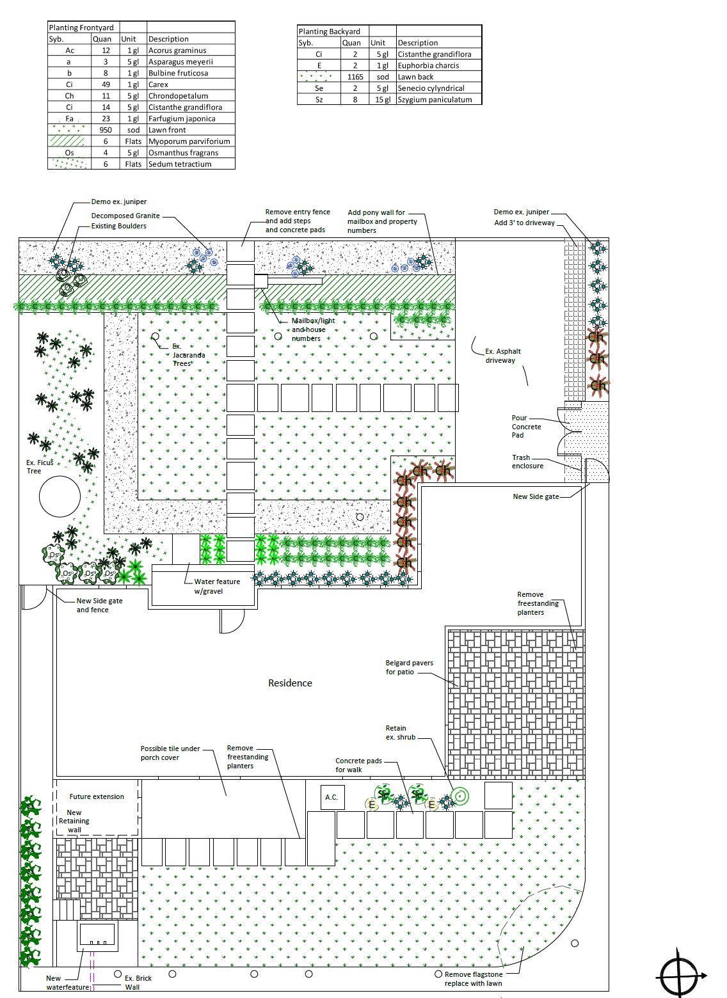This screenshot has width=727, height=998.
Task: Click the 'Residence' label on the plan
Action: click(290, 683)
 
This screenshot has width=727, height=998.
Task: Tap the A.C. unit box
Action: click(332, 797)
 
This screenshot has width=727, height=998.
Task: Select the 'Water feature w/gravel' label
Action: click(217, 586)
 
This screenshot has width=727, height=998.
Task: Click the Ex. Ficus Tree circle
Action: click(60, 496)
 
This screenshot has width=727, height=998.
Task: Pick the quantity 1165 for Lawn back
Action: click(355, 77)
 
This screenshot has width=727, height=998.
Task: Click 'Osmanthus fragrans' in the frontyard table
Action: click(183, 153)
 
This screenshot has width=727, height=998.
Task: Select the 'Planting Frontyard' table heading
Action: click(81, 28)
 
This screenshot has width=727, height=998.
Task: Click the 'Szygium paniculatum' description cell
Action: click(435, 100)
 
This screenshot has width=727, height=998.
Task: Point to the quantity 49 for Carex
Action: click(106, 84)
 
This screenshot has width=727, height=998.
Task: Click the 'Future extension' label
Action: click(97, 796)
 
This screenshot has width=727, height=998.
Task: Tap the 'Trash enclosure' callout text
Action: click(527, 462)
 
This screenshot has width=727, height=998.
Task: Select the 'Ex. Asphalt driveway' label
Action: click(502, 356)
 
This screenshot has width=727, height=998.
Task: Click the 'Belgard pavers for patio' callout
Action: click(409, 667)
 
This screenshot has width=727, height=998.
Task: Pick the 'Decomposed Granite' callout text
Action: click(125, 216)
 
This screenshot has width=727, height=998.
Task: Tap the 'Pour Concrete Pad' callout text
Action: click(526, 427)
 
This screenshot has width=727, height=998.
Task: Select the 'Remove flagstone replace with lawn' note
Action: click(474, 979)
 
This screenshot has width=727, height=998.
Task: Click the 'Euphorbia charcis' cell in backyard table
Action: click(428, 65)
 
